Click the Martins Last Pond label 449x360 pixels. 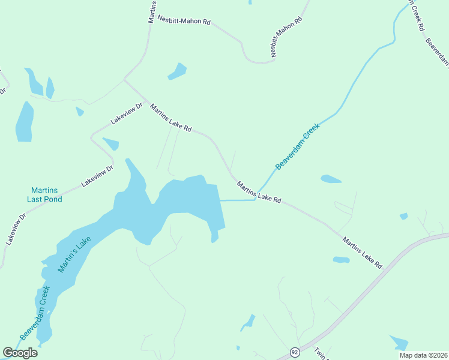point(44,195)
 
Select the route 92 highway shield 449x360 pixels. point(294,352)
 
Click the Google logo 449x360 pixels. point(20,353)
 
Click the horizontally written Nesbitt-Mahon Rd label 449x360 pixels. point(184,20)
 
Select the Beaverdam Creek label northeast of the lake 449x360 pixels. point(299,146)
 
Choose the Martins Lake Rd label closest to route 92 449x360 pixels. point(363,252)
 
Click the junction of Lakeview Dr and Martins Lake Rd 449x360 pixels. point(124,79)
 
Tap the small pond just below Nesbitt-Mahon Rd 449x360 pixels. point(177,71)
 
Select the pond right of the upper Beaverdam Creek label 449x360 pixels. point(331,179)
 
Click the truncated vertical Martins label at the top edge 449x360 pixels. point(152,11)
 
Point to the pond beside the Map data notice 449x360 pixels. point(399,343)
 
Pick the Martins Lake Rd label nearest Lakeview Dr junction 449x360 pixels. point(171,119)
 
